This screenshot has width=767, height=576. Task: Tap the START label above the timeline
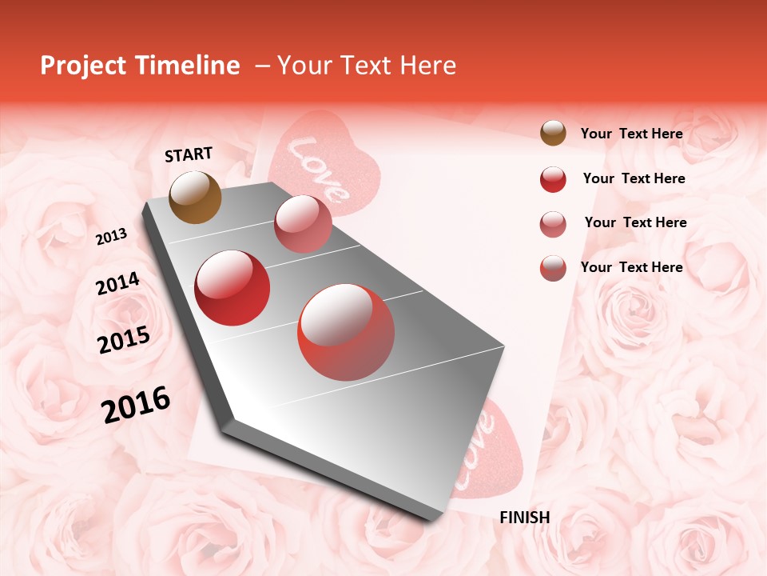[x=189, y=154]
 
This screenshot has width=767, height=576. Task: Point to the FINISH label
[x=524, y=518]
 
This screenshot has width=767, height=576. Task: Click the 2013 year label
[x=111, y=237]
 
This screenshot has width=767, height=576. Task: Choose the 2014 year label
[x=117, y=284]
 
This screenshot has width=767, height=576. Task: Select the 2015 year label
[x=124, y=340]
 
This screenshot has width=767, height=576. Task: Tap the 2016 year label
[x=136, y=405]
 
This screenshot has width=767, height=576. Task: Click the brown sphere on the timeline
[x=195, y=197]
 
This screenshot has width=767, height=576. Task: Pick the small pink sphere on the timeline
[x=303, y=224]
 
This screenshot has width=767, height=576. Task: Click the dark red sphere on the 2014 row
[x=232, y=288]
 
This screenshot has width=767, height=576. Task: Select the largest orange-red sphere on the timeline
[x=346, y=332]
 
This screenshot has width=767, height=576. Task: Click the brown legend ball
[x=553, y=134]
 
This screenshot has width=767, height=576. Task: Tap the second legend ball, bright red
[x=553, y=179]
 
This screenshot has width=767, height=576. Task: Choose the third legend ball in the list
[x=553, y=224]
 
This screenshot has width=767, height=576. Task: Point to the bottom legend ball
[x=553, y=268]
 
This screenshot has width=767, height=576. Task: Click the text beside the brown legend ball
[x=631, y=134]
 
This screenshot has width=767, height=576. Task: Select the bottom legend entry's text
[x=631, y=267]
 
